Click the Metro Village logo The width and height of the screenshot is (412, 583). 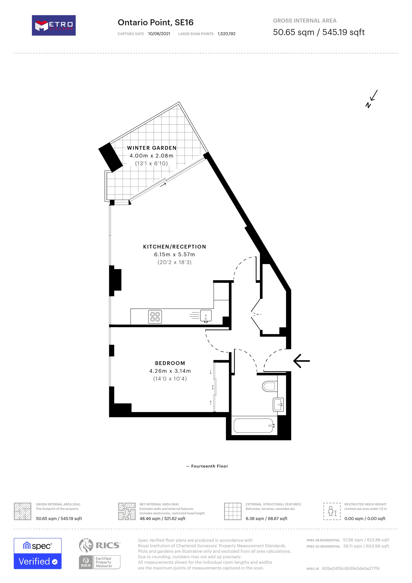(53, 25)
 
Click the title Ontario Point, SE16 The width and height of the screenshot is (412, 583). (155, 23)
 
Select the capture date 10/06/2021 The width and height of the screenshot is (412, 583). (159, 34)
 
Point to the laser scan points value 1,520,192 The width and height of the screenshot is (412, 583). (226, 34)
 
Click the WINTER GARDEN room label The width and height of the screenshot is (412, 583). (151, 148)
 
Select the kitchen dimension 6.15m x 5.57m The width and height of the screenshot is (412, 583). (174, 255)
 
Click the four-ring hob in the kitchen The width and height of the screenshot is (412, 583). (155, 317)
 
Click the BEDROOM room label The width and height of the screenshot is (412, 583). (170, 363)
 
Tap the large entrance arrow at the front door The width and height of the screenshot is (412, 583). (302, 361)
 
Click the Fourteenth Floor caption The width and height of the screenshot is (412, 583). (209, 466)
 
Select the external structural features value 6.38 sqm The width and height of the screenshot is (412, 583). (266, 518)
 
